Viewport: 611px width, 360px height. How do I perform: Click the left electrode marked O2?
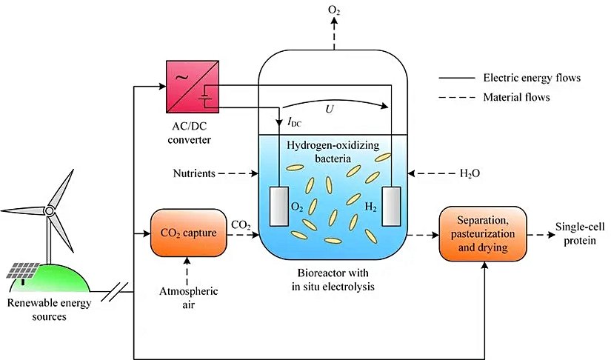(x=278, y=205)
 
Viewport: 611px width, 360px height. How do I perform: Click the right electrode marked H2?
(x=391, y=205)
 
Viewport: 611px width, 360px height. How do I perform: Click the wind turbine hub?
(x=50, y=210)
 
